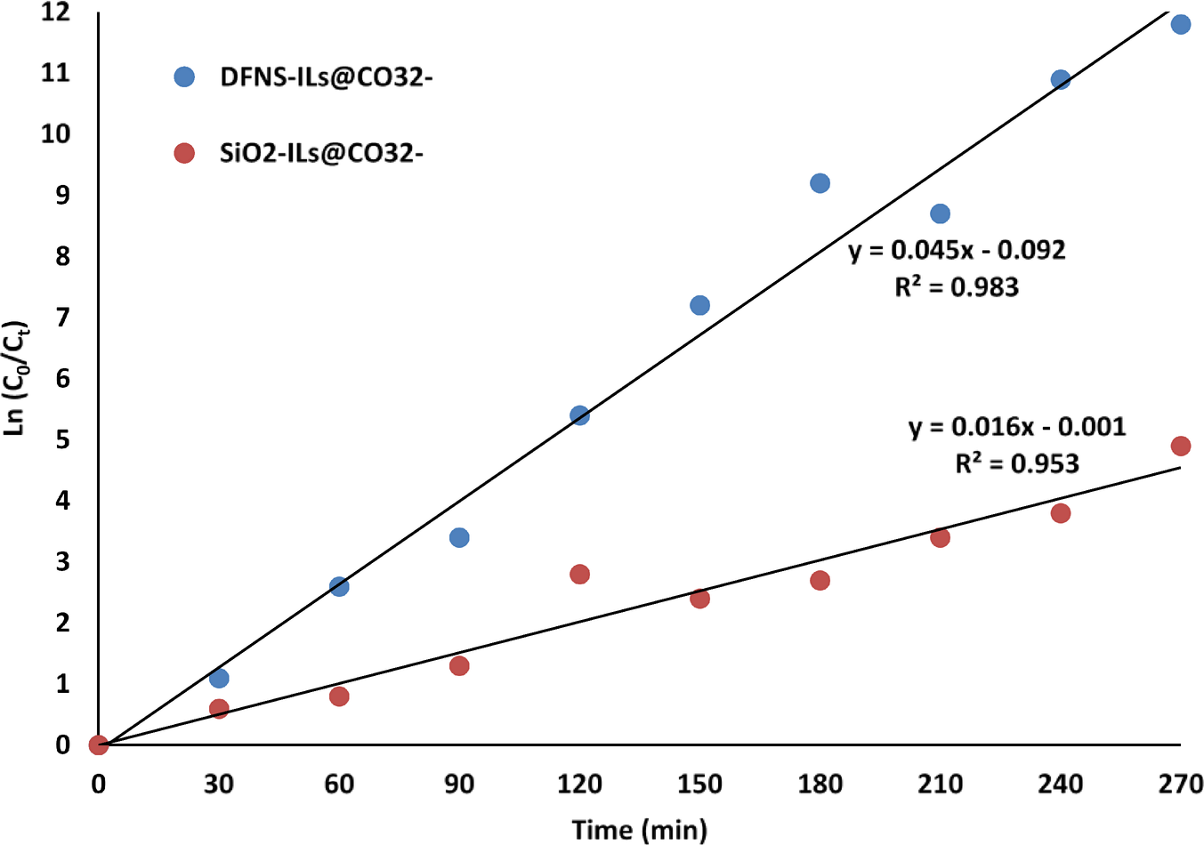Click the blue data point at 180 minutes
tap(820, 183)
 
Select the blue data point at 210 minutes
tap(940, 213)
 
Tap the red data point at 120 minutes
tap(579, 574)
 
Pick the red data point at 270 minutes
tap(1180, 446)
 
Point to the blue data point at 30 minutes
tap(219, 678)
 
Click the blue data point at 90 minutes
tap(459, 537)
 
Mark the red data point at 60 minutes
tap(339, 696)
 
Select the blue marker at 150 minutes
tap(699, 305)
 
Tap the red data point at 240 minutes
tap(1060, 513)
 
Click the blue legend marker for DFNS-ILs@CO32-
tap(184, 76)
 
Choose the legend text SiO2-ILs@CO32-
tap(321, 153)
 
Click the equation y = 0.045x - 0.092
tap(957, 250)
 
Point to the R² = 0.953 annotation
tap(1016, 463)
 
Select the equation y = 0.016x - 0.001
tap(1017, 427)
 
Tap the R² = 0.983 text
tap(957, 286)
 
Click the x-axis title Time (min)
tap(639, 829)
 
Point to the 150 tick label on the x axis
tap(699, 784)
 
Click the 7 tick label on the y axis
tap(62, 318)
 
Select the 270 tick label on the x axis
tap(1180, 784)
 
